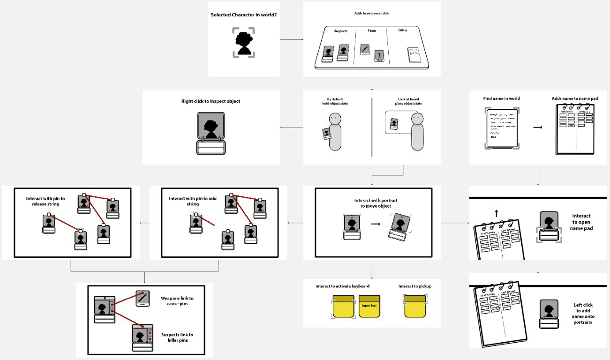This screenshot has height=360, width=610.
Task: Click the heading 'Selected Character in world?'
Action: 243,15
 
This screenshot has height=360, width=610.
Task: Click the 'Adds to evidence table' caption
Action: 371,13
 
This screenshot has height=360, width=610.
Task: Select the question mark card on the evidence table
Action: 379,56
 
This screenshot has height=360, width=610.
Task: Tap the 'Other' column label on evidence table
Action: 403,30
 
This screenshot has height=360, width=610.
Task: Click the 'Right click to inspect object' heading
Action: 211,101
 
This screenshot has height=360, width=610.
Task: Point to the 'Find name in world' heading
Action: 501,99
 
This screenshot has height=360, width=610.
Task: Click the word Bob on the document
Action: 494,137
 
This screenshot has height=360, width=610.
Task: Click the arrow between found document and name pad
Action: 538,127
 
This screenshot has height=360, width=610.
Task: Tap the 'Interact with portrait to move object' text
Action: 373,203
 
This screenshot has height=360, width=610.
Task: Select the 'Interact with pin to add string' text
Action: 186,201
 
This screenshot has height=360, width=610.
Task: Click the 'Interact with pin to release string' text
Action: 45,201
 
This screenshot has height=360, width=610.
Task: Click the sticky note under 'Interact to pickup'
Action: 414,307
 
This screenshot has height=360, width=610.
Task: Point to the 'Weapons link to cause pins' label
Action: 177,301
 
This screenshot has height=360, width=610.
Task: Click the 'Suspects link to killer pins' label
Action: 177,337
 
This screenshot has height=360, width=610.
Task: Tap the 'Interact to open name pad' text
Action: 582,222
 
